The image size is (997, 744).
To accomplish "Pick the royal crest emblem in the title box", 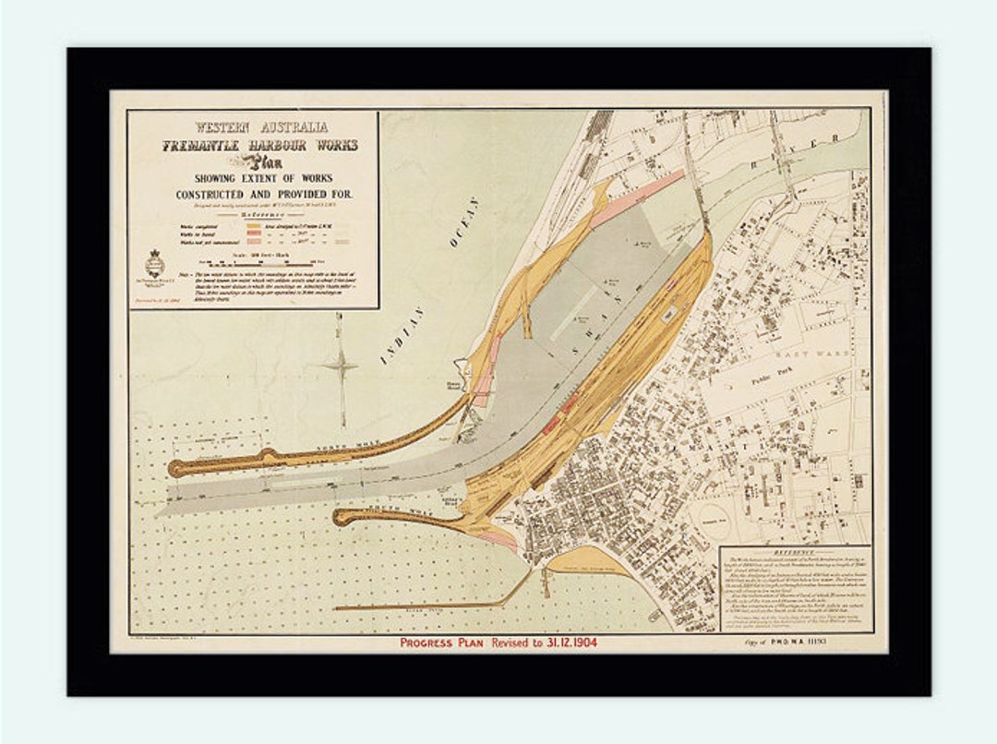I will [153, 261].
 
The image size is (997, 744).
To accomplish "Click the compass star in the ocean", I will [341, 367].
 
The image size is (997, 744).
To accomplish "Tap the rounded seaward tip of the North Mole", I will [175, 468].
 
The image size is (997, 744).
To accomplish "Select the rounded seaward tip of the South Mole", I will [341, 517].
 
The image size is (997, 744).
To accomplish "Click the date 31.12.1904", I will [561, 642].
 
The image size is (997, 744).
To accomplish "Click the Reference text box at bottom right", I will [795, 585].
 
